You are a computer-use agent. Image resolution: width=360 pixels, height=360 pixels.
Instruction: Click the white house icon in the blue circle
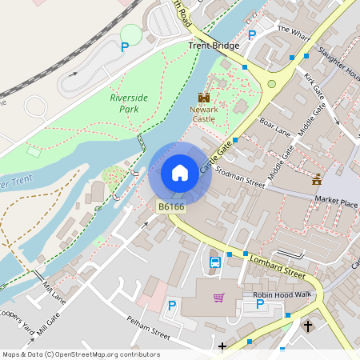180,172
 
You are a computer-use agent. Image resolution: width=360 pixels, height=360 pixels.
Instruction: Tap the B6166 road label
171,207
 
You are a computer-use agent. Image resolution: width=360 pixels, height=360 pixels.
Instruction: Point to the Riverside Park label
129,102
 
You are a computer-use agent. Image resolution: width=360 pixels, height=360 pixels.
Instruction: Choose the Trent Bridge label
214,46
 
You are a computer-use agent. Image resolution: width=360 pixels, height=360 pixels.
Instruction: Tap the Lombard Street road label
278,266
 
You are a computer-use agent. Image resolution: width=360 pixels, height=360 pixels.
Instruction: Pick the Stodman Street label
239,178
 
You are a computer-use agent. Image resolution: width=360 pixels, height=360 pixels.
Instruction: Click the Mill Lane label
54,292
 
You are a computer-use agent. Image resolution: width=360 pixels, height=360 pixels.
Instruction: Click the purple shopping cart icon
218,298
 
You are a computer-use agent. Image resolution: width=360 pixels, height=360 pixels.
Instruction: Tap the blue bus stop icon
214,262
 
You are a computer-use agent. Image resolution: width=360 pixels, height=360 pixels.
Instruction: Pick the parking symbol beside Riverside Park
124,47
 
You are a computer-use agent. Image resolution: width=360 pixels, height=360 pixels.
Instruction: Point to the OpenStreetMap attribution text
81,354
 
